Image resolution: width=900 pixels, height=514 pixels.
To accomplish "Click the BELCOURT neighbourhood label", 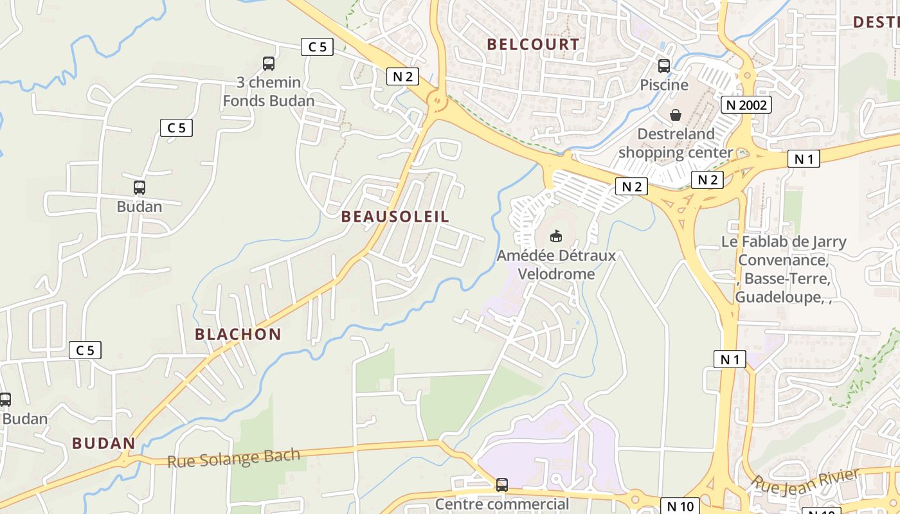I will point(533,44).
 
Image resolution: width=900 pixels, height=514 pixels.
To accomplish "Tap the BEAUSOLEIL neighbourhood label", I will point(395,217).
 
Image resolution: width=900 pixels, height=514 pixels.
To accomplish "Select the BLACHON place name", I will point(238,334).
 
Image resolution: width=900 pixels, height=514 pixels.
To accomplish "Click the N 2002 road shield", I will point(746,105).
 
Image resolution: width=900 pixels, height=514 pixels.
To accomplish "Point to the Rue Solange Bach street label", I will point(233,458).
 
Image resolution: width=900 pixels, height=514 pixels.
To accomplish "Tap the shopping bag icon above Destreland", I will point(676,116).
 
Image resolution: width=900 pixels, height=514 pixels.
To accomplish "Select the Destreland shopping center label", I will point(676,143).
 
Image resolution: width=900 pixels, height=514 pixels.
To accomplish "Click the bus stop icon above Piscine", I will point(664,66).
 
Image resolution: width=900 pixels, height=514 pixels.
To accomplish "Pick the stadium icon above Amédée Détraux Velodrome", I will point(556,236).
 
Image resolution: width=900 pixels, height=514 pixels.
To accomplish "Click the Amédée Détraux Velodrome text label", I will point(556,264).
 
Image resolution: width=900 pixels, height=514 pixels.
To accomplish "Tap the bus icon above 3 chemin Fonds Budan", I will point(269,64).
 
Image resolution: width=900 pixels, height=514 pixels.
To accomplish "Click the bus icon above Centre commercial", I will point(502,485).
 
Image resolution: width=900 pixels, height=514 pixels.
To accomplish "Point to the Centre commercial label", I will point(502,504).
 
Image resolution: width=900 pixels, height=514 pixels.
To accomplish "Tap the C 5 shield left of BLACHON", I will point(85,350).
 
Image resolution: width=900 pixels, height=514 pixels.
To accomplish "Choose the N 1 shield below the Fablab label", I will point(730,359).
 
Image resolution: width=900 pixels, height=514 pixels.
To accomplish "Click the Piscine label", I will point(664,85).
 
